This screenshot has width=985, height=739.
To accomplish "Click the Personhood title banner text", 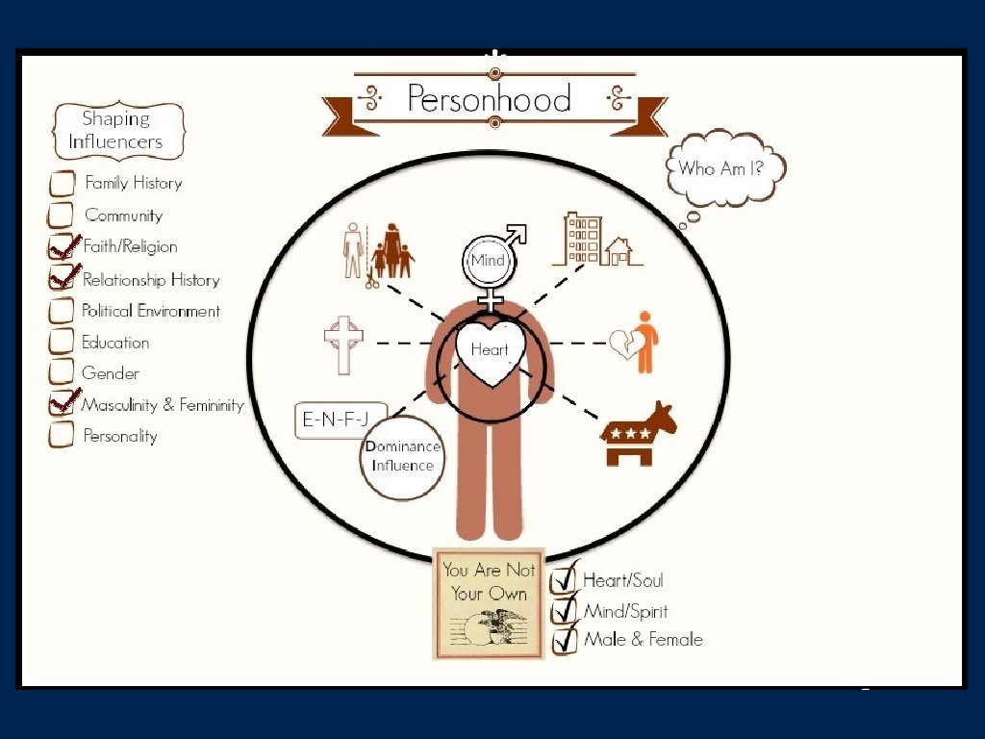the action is pyautogui.click(x=489, y=99).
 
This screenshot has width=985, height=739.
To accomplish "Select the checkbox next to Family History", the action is pyautogui.click(x=62, y=183).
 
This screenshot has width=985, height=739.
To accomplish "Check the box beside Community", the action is pyautogui.click(x=62, y=215).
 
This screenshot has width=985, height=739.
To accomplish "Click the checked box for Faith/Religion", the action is pyautogui.click(x=62, y=247).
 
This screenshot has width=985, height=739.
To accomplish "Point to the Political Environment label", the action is pyautogui.click(x=151, y=311).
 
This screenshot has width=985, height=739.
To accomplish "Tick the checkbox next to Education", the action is pyautogui.click(x=62, y=342).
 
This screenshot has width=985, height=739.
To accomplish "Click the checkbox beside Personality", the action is pyautogui.click(x=62, y=435).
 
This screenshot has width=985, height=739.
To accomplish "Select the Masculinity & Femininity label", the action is pyautogui.click(x=163, y=405).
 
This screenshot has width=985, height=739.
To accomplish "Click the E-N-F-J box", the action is pyautogui.click(x=338, y=420).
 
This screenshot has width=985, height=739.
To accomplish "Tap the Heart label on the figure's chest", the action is pyautogui.click(x=490, y=351).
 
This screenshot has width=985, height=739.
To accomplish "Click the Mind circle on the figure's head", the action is pyautogui.click(x=489, y=260).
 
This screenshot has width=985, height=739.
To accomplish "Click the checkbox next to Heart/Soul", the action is pyautogui.click(x=565, y=580).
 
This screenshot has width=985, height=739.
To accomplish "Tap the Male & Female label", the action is pyautogui.click(x=643, y=639).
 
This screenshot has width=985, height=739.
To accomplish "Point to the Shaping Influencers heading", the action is pyautogui.click(x=115, y=131).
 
